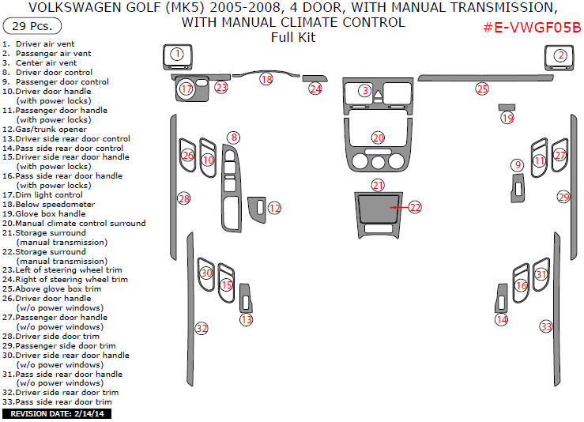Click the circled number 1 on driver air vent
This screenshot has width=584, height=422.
[x=178, y=54]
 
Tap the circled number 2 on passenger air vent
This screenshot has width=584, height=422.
[x=560, y=55]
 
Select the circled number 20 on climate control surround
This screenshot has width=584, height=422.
[x=379, y=138]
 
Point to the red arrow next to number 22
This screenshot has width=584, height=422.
[x=399, y=207]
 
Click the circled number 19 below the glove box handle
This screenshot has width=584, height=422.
[x=507, y=118]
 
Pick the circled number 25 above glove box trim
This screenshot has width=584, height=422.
[x=482, y=89]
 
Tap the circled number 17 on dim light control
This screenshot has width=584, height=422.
[x=187, y=89]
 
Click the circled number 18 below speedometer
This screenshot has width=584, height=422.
[x=266, y=79]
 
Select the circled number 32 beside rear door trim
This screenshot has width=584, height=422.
[x=202, y=328]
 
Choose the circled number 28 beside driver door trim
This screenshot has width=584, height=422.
[x=184, y=198]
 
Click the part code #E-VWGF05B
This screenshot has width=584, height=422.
[x=532, y=28]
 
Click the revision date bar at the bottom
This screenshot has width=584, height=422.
[x=58, y=413]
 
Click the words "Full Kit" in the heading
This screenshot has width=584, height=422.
[x=292, y=37]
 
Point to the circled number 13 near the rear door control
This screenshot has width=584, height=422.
[x=247, y=319]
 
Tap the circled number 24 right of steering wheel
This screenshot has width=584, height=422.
[x=315, y=89]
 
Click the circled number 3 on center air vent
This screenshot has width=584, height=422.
[x=364, y=91]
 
